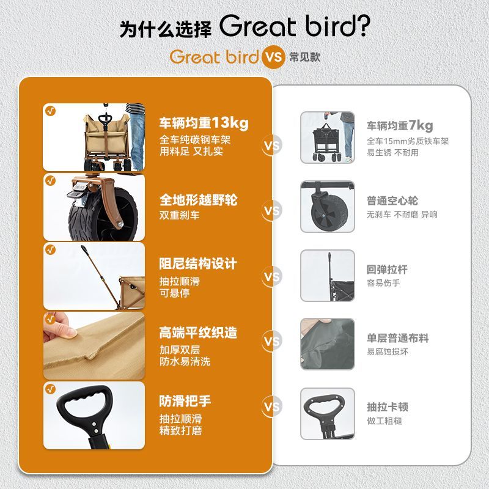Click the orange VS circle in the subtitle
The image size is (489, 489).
click(273, 57)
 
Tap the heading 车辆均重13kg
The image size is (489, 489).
click(204, 123)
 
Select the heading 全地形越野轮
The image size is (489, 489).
click(198, 200)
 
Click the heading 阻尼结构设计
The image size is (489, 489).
click(198, 264)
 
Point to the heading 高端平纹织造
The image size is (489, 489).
click(198, 333)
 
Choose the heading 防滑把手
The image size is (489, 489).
click(185, 401)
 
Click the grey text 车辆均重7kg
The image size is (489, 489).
click(400, 126)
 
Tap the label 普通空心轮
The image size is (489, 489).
click(392, 200)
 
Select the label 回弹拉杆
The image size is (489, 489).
click(387, 270)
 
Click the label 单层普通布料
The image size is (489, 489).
click(398, 338)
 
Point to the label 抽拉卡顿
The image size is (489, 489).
click(388, 407)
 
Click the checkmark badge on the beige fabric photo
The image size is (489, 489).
click(50, 319)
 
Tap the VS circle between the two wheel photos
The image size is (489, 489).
click(271, 210)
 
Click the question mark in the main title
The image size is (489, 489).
click(363, 26)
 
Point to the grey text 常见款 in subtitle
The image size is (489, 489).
click(304, 57)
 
